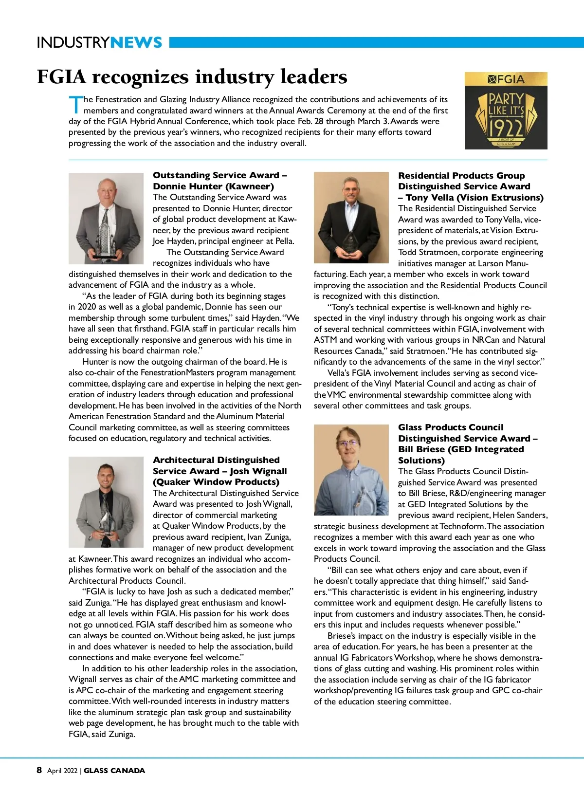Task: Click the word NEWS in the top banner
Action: click(136, 42)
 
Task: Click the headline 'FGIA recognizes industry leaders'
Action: click(192, 77)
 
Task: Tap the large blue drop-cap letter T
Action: click(75, 105)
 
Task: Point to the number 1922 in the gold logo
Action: click(506, 128)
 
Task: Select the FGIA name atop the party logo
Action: click(506, 79)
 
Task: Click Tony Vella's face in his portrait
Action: click(350, 187)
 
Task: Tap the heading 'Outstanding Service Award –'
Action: click(220, 175)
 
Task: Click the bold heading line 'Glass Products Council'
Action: click(451, 427)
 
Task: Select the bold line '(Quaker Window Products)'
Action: click(216, 482)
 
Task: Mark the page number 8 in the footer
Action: click(39, 770)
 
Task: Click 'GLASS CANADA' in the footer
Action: click(114, 771)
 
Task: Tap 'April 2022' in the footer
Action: click(62, 771)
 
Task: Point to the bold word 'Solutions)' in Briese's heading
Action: click(421, 461)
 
